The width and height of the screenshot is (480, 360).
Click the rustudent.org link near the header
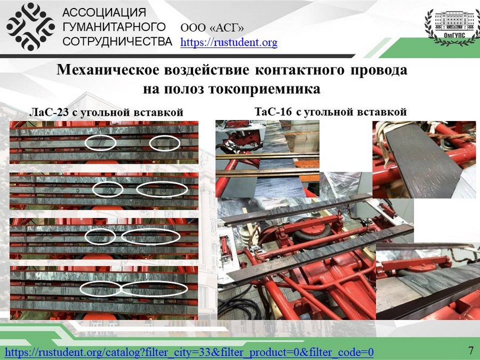pyautogui.click(x=229, y=42)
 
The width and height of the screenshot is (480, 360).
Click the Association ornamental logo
pyautogui.click(x=30, y=27)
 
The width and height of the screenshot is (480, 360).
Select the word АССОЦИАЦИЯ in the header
pyautogui.click(x=104, y=13)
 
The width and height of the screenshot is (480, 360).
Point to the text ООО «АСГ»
pyautogui.click(x=212, y=28)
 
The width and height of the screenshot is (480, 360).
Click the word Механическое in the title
pyautogui.click(x=108, y=70)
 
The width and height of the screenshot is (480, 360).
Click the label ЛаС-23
pyautogui.click(x=49, y=113)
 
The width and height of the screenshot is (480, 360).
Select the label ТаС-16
pyautogui.click(x=274, y=112)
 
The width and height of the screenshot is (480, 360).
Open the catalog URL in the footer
pyautogui.click(x=189, y=352)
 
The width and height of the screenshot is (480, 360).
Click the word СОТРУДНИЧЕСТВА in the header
pyautogui.click(x=117, y=41)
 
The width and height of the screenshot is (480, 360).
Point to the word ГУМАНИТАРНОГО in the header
pyautogui.click(x=114, y=27)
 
